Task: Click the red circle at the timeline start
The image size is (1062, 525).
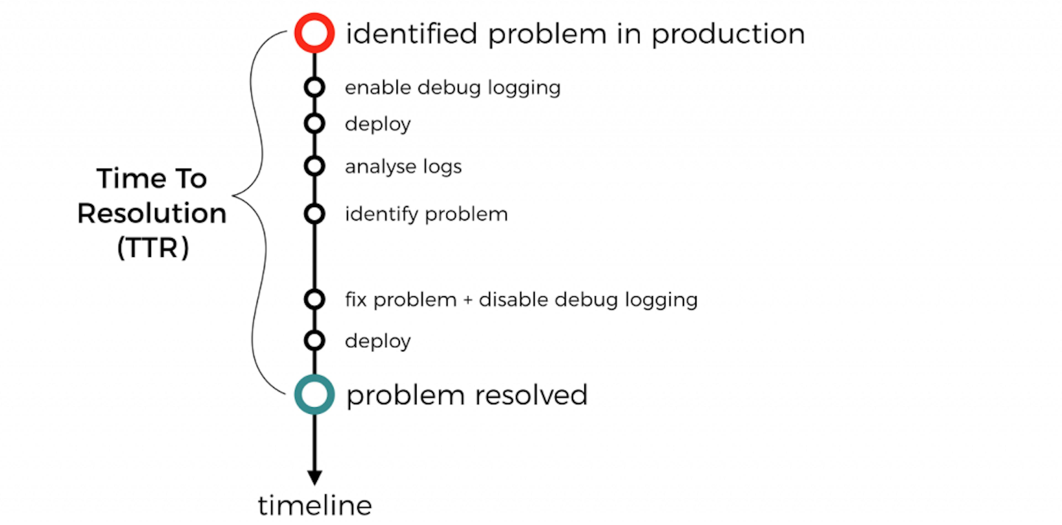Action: click(x=314, y=33)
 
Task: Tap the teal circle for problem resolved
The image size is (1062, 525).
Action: click(x=314, y=394)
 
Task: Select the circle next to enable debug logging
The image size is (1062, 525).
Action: click(x=314, y=87)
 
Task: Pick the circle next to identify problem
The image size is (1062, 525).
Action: click(x=314, y=214)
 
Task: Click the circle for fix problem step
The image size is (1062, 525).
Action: click(x=314, y=299)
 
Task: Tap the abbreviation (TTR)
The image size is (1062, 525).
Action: click(x=153, y=248)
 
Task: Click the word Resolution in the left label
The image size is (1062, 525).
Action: click(x=152, y=213)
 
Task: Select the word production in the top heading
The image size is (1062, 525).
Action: click(x=728, y=35)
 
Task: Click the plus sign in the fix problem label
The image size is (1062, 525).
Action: click(x=467, y=300)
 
